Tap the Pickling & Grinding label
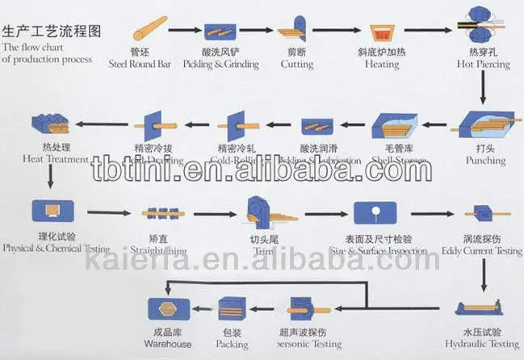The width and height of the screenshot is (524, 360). pos(219,62)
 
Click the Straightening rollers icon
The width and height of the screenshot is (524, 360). pos(158,214)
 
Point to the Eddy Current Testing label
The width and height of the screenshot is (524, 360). pos(482,250)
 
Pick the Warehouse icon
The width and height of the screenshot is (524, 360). pos(169,308)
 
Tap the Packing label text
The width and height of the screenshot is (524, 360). pos(232,344)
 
